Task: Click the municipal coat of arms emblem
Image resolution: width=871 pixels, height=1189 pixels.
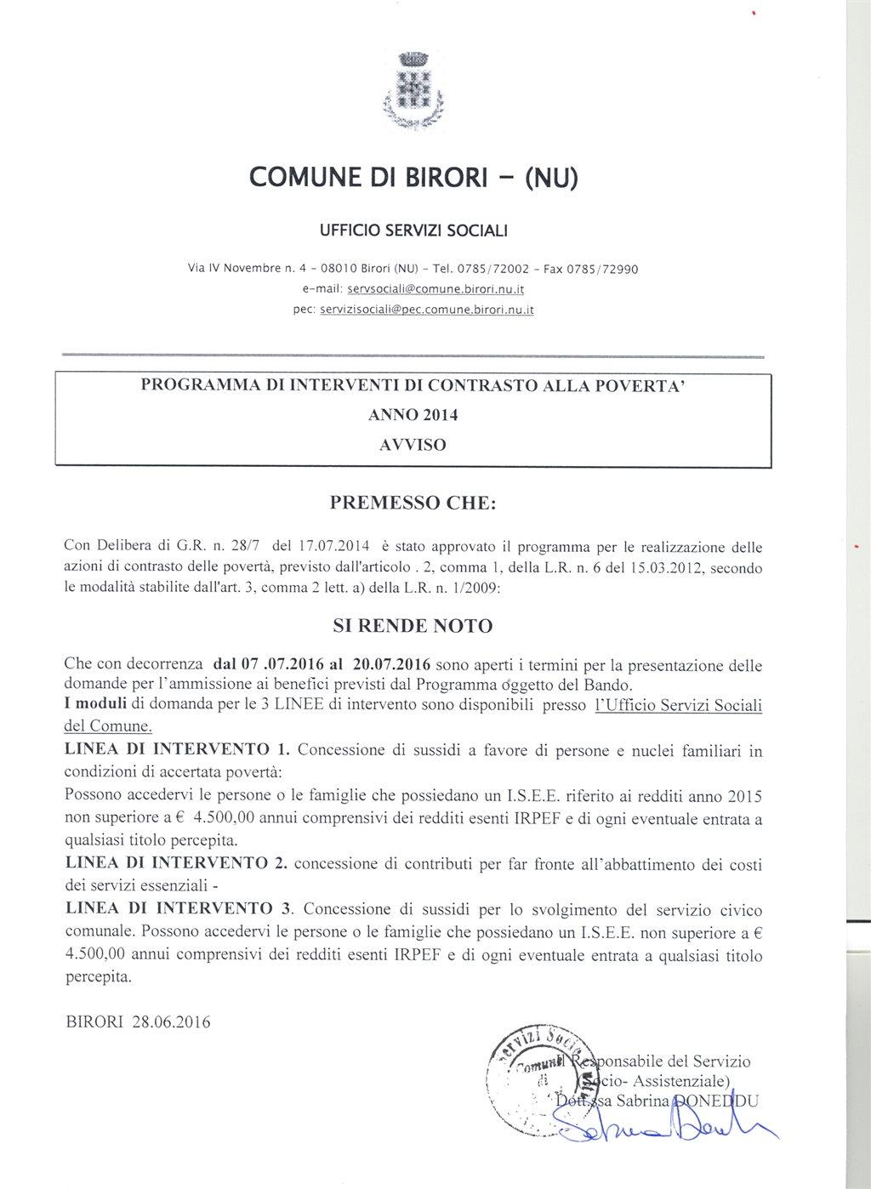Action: pos(413,91)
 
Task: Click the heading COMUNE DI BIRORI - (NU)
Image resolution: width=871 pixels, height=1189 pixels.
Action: pos(413,177)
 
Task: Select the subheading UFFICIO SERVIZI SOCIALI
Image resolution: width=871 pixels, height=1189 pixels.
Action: pos(413,230)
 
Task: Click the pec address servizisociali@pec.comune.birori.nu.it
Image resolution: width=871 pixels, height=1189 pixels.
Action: pos(426,310)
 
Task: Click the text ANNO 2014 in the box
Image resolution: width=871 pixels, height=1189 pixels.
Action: pos(413,415)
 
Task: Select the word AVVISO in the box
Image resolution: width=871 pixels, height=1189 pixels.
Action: pos(413,445)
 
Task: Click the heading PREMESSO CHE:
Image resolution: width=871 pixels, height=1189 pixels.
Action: pos(413,503)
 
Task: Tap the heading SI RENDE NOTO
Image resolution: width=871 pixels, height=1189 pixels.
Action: pos(413,626)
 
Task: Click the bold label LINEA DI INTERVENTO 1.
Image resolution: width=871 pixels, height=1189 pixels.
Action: pos(178,749)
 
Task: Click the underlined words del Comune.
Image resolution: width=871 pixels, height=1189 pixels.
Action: pos(108,726)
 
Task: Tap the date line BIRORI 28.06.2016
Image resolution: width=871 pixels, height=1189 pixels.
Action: pos(138,1021)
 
